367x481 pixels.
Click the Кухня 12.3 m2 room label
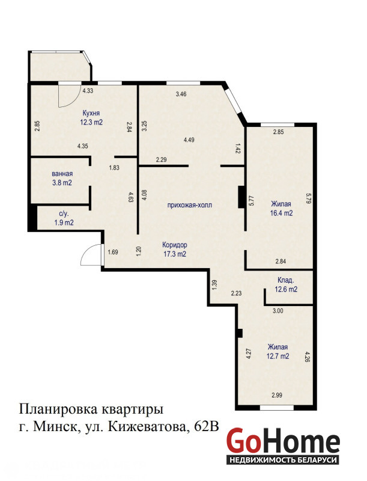click(91, 118)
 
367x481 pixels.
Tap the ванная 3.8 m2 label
click(62, 178)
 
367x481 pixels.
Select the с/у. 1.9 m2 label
click(64, 218)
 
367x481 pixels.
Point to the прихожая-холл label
click(190, 205)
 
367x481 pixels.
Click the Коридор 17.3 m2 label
click(175, 250)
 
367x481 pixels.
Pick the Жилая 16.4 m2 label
click(281, 209)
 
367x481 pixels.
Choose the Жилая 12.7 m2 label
click(278, 352)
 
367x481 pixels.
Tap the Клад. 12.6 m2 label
click(286, 284)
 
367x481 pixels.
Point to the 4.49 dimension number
click(189, 140)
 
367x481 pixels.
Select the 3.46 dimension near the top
click(181, 94)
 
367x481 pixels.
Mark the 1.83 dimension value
click(114, 168)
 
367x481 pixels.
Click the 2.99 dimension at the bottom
click(277, 395)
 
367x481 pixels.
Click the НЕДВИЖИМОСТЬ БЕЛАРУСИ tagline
click(283, 460)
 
